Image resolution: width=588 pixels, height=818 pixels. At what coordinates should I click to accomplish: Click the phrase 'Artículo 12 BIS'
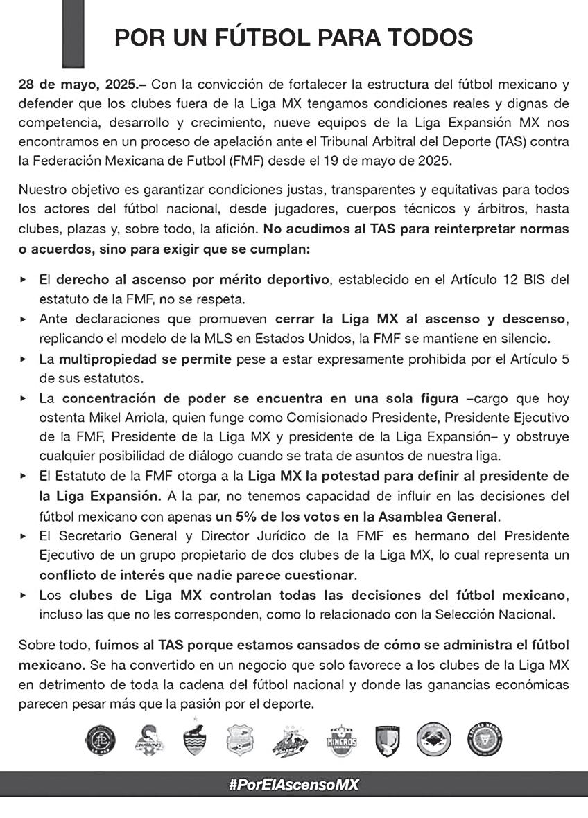tap(494, 280)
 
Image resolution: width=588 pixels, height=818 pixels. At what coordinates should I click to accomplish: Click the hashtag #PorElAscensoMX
tap(293, 785)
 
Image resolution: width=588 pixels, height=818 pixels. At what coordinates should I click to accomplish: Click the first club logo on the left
tap(104, 740)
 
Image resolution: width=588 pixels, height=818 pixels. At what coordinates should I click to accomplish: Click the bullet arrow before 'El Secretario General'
tap(24, 536)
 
